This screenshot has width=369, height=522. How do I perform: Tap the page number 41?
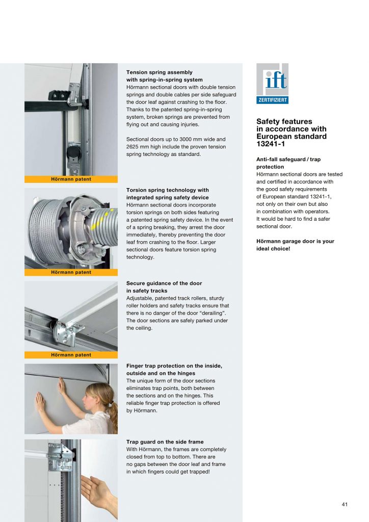345,505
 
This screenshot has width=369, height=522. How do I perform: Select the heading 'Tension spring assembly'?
159,72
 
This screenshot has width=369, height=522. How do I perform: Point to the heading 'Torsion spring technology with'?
167,190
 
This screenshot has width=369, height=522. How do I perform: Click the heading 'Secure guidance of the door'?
164,283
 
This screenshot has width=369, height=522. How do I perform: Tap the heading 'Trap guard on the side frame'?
165,442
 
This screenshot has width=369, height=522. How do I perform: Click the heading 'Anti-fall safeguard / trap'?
288,160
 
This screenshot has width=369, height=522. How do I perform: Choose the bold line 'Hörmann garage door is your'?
295,241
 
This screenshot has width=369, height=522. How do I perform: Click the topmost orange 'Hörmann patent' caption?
71,179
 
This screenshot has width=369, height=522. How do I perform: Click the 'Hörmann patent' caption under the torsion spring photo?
71,272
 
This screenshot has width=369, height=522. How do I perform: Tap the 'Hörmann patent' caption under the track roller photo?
71,355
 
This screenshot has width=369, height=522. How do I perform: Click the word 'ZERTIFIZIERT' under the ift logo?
272,100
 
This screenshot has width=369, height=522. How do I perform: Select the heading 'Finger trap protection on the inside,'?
174,366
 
